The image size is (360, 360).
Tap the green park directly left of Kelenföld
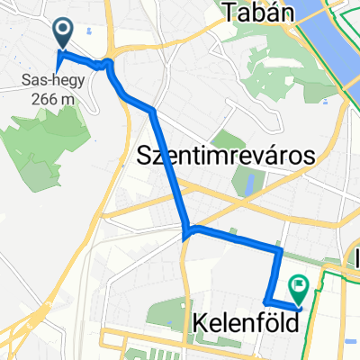162,314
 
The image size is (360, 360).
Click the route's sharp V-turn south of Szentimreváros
186,236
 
